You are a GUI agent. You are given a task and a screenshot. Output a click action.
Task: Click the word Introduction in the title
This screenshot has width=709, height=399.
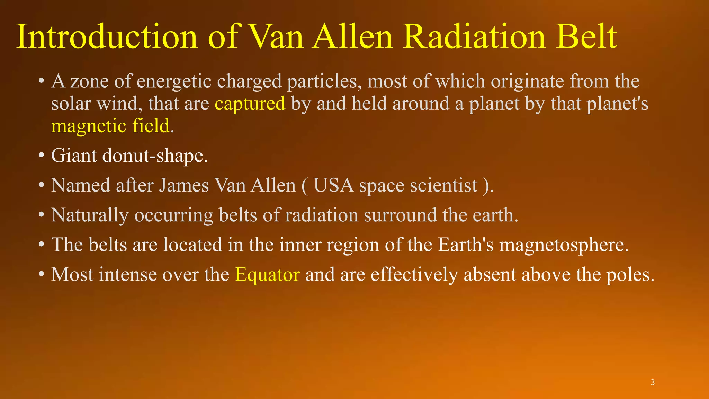pos(107,37)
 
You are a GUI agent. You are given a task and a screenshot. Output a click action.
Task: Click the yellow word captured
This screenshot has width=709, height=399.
pos(250,104)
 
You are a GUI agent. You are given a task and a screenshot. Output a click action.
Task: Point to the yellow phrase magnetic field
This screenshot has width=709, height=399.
pos(110,126)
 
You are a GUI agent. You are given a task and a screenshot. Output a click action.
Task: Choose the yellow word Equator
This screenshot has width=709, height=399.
pos(267,275)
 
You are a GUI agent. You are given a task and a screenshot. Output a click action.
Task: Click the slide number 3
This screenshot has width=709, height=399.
pos(653,382)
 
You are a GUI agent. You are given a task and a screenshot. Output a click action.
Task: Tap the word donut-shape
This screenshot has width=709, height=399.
pos(155,156)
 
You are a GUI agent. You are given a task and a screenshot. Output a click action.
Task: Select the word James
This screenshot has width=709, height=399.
pos(184,185)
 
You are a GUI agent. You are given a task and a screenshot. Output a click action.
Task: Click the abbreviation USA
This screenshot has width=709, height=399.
pos(334,185)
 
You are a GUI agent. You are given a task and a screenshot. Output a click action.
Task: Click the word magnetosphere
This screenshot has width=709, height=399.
pos(564,245)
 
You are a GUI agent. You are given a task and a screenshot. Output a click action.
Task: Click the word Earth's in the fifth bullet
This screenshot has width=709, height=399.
pos(466,245)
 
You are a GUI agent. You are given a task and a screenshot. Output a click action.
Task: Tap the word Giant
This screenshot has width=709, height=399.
pos(74,156)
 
